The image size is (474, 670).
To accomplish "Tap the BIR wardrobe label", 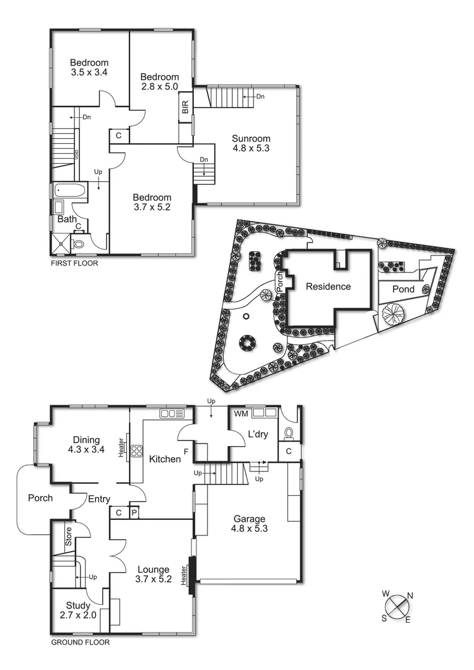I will (185, 107).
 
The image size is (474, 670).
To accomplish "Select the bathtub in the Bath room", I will (69, 190).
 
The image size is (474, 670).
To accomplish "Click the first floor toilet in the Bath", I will (79, 244).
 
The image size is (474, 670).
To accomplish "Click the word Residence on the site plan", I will (328, 287).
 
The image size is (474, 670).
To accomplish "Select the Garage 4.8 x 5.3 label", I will (249, 524).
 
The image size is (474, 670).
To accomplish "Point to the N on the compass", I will (410, 596).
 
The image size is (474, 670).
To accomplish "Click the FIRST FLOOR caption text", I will (74, 263).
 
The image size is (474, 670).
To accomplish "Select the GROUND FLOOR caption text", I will (80, 643).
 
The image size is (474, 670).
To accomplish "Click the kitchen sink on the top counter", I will (168, 413).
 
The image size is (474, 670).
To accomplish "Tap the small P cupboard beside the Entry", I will (133, 512).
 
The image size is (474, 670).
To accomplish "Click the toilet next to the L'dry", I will (288, 432).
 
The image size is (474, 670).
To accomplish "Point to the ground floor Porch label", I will (40, 498).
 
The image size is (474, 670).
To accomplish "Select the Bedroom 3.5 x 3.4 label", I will (89, 67).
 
